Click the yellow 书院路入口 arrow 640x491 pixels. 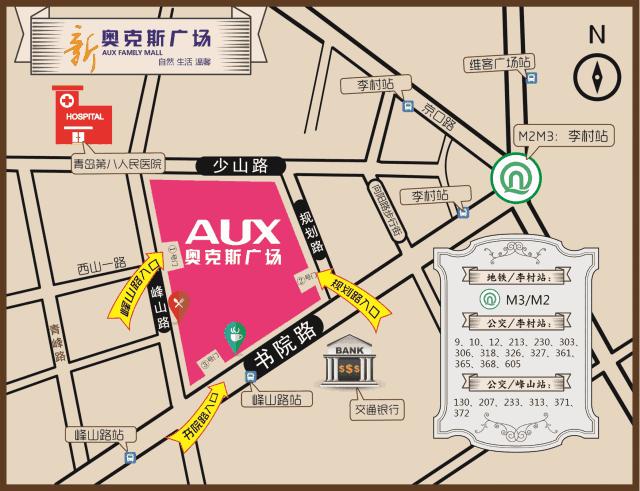coord(199,419)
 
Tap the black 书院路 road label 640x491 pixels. coord(286,344)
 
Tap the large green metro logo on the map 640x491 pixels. coord(516,177)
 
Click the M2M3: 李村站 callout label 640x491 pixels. coord(563,134)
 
